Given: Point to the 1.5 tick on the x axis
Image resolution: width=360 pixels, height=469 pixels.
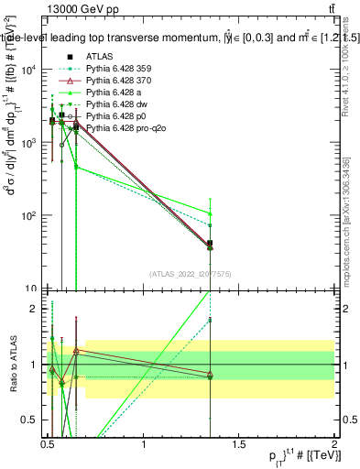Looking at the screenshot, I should [239, 447].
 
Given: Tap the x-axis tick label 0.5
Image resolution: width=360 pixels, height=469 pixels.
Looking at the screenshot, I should [48, 447].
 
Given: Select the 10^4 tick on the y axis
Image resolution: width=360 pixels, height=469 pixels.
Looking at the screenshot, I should [29, 71].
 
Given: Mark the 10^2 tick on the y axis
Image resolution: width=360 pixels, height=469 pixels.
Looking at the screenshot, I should [29, 216].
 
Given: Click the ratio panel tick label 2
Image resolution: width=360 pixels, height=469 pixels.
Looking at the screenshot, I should [35, 309].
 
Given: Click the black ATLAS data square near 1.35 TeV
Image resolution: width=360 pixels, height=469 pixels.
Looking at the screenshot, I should [211, 245].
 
